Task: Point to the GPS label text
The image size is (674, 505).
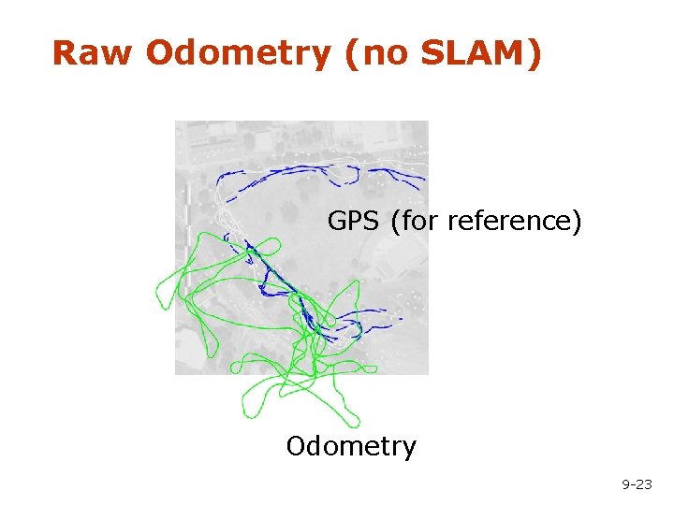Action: pyautogui.click(x=353, y=222)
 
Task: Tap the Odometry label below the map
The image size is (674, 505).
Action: pyautogui.click(x=351, y=446)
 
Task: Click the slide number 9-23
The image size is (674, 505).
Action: pyautogui.click(x=637, y=483)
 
